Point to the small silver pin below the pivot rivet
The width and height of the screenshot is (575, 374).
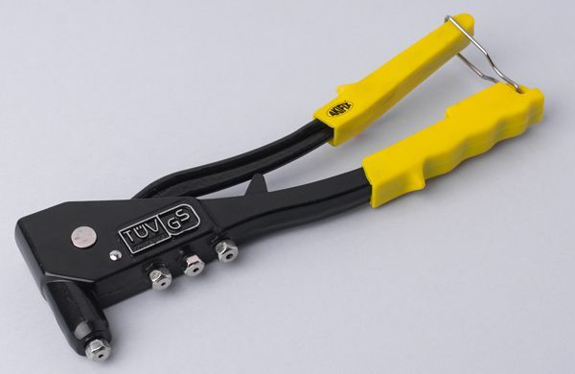pos(115,255)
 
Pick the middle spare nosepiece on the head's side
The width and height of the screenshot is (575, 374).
pos(195,266)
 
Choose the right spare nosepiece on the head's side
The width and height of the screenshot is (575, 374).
pos(226,251)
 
